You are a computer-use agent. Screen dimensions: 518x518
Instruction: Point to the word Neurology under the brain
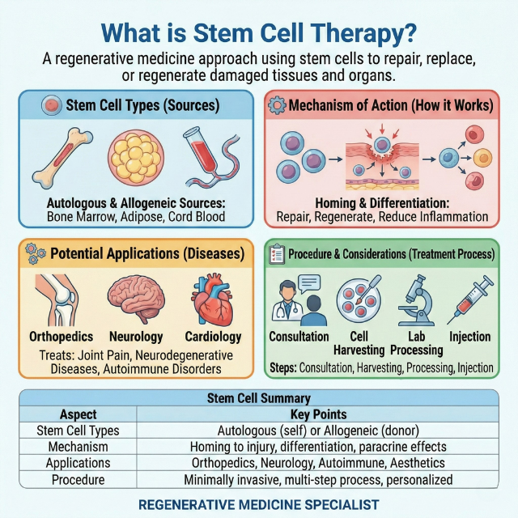click(135, 336)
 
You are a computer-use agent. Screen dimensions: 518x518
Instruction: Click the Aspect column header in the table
click(79, 414)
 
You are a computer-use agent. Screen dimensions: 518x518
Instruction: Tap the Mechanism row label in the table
click(79, 447)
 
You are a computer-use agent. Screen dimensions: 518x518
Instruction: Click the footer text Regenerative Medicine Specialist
click(258, 504)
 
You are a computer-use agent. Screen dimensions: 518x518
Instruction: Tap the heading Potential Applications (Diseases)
click(146, 253)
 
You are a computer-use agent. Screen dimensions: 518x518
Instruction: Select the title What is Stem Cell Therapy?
click(259, 33)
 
